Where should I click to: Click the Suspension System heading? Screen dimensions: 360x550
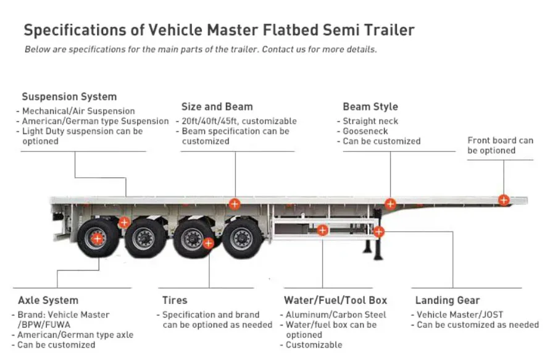click(69, 97)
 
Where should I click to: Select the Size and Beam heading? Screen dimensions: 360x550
click(217, 107)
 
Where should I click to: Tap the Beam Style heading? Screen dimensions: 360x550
click(370, 107)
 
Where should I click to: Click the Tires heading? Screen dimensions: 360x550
click(175, 300)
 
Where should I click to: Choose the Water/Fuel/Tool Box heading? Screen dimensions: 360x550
click(335, 300)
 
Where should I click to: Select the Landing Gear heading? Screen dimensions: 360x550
click(448, 300)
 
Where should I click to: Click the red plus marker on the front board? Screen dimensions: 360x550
click(504, 199)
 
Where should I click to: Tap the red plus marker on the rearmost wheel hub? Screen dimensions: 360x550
click(97, 237)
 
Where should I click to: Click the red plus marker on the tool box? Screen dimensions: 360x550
click(322, 230)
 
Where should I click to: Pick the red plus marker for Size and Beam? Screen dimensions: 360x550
click(235, 204)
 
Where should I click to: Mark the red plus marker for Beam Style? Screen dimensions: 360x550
click(390, 204)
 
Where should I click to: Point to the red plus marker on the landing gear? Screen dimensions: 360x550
click(378, 232)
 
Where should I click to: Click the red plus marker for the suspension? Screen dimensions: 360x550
click(124, 222)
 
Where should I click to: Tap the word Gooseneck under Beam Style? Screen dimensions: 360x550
click(365, 132)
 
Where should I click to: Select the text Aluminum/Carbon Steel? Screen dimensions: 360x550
click(336, 315)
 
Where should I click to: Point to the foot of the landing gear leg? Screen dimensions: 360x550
click(370, 258)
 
